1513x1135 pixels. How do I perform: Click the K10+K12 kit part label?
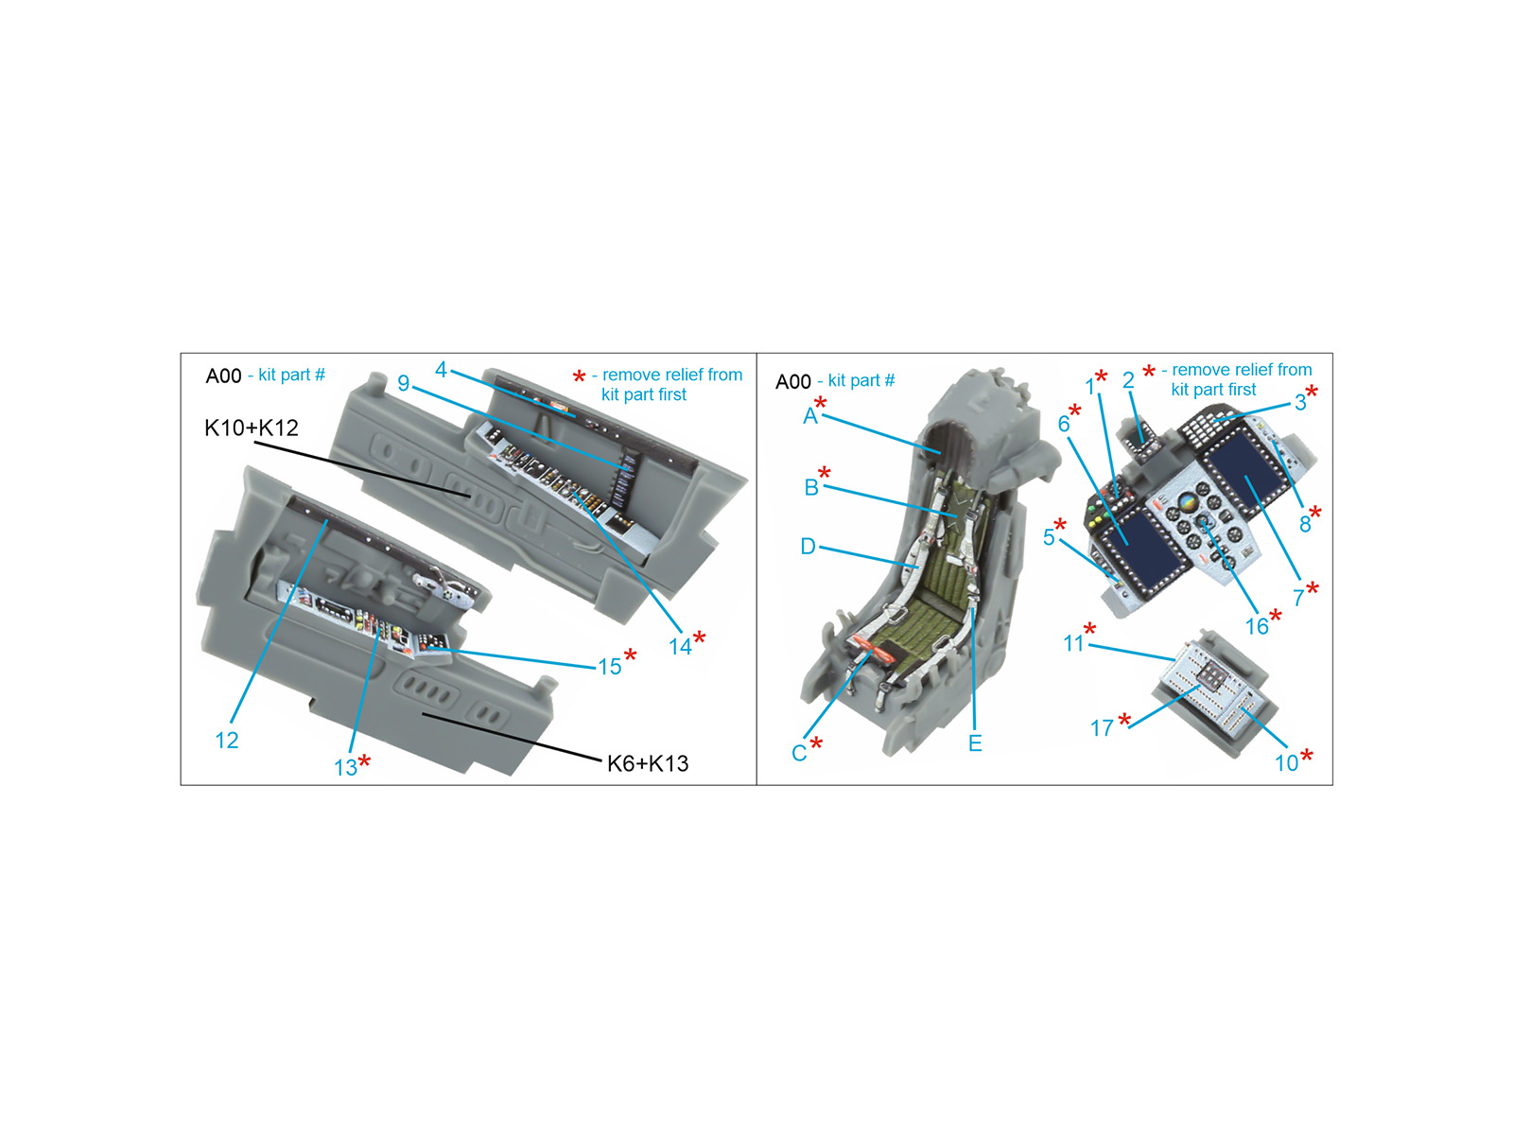[x=251, y=428]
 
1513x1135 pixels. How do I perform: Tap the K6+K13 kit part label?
[x=647, y=763]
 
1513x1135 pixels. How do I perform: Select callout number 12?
[x=227, y=741]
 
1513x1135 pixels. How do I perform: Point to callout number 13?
[x=345, y=768]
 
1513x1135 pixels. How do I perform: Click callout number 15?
[x=609, y=667]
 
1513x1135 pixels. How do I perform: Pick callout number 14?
[x=680, y=647]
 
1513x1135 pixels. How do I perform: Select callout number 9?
[x=404, y=383]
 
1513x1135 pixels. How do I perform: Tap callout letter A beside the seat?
[x=809, y=416]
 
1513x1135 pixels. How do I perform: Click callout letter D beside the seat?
[x=808, y=547]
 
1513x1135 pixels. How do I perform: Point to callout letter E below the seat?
[x=975, y=742]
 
